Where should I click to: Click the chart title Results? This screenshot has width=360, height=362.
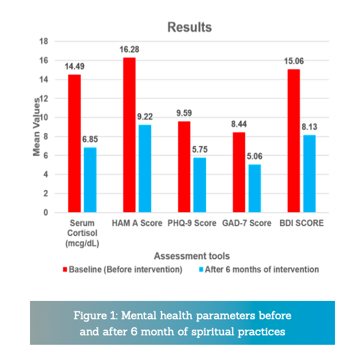click(x=190, y=27)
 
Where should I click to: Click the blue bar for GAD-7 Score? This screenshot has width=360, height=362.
click(x=254, y=188)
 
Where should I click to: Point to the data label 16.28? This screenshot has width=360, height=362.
click(x=128, y=49)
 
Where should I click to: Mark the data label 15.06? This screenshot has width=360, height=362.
click(x=294, y=61)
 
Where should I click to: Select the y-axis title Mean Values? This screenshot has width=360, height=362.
click(x=36, y=127)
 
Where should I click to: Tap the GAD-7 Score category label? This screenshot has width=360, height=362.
click(x=246, y=223)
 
